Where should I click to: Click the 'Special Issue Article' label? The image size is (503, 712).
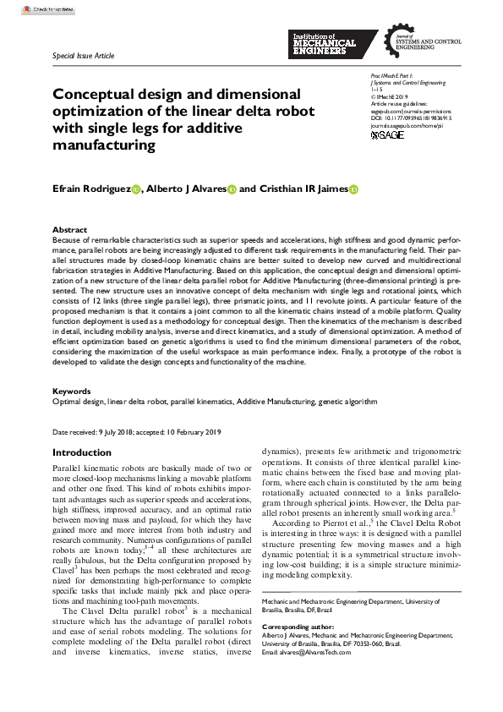tap(83, 56)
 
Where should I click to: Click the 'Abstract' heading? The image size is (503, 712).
tap(69, 230)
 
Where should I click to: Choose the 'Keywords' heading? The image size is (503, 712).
tap(72, 392)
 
